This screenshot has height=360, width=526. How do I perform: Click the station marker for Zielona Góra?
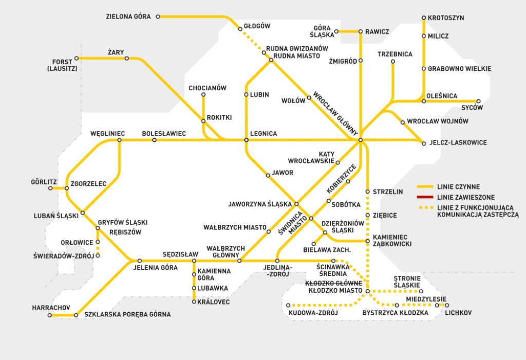pos(158,16)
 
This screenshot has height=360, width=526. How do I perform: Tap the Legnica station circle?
pos(246,140)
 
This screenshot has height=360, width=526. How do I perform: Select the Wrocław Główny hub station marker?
pos(361,140)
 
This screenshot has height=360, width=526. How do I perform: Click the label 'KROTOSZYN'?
pos(446,18)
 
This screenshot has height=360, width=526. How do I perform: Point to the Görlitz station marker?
pos(50,188)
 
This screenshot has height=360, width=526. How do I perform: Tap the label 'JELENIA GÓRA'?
pos(155,268)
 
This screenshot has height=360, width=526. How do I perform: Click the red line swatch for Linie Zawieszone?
pos(425,197)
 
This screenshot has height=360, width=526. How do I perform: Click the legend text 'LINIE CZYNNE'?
pos(458,187)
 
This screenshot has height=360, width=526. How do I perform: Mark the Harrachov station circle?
pos(50,315)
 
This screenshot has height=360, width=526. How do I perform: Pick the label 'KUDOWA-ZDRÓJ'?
pos(313,313)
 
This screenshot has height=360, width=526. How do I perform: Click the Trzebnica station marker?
pos(393,62)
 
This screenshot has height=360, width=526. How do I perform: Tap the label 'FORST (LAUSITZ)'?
pos(62,65)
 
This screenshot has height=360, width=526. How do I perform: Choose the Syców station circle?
pos(478,101)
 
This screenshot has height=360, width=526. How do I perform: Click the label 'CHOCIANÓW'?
pos(208,88)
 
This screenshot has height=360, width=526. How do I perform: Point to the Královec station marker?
pos(194,301)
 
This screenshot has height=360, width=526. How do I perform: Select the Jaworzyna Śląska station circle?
pos(296,204)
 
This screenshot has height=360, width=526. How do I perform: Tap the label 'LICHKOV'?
pos(458,313)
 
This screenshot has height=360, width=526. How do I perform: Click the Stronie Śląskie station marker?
pos(421,291)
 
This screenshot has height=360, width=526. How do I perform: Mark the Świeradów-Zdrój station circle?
pos(98,256)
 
